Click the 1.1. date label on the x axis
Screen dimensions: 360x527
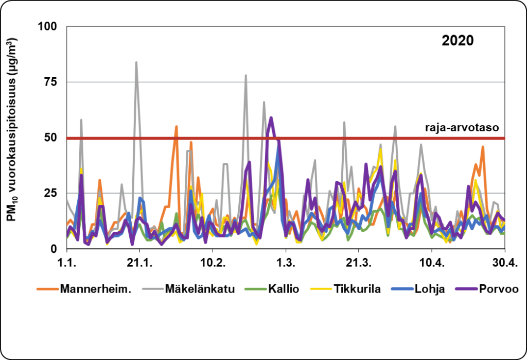pos(67,262)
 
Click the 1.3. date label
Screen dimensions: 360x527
pos(286,262)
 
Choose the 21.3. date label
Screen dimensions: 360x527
pos(359,262)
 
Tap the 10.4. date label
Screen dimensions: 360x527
pos(432,262)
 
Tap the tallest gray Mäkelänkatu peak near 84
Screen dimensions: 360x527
pos(136,62)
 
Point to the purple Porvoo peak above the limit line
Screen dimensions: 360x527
pos(271,118)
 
